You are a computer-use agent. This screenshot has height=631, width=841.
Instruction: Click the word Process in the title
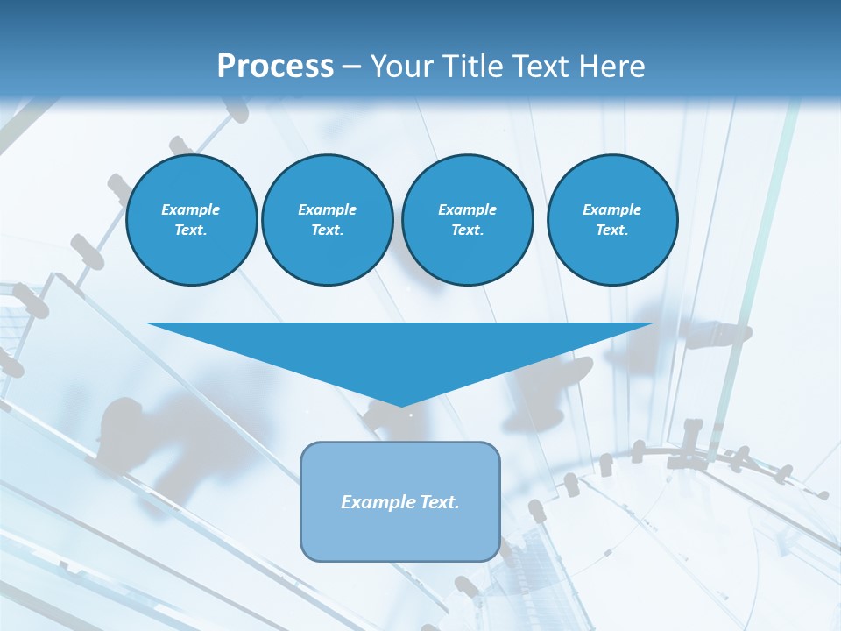pos(275,67)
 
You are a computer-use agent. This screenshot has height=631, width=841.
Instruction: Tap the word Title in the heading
pos(474,67)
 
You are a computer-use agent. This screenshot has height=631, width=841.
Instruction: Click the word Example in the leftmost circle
pos(190,209)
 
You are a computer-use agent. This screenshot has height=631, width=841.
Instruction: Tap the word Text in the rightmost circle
pos(611,230)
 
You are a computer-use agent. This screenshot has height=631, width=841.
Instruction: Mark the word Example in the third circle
pos(467,209)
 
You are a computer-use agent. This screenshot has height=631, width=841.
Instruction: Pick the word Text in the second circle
pos(327,230)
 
